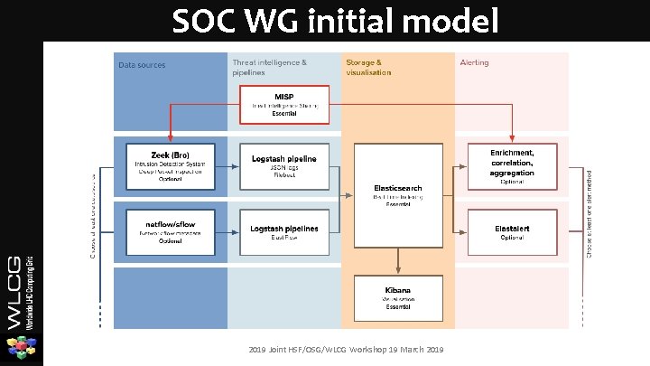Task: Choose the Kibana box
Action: tap(397, 295)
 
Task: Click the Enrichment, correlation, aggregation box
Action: tap(511, 164)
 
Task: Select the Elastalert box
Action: tap(511, 231)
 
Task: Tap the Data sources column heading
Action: tap(143, 64)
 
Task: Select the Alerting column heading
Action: tap(475, 63)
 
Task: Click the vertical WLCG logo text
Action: tap(21, 281)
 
